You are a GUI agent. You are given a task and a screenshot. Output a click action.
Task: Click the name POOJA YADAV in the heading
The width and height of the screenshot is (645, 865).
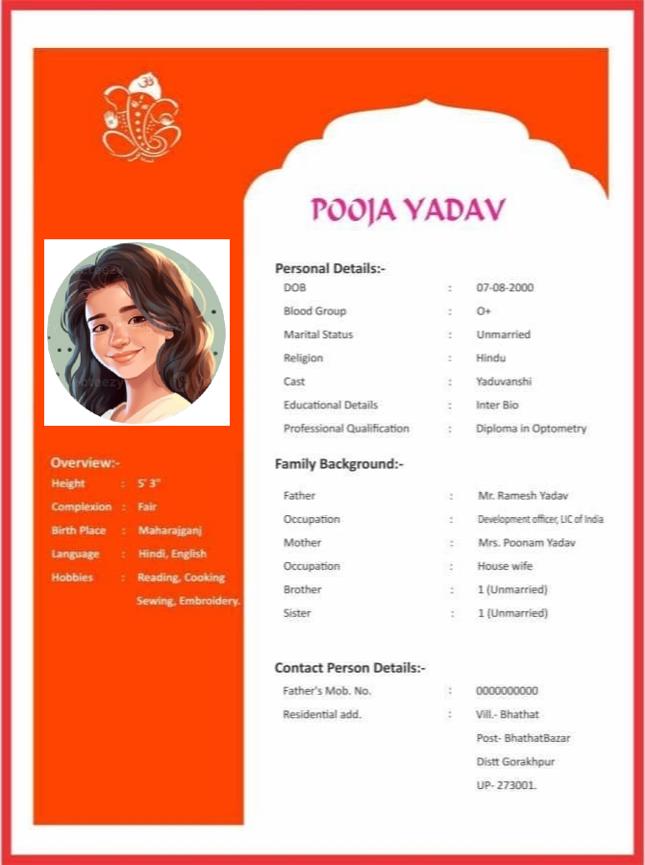409,210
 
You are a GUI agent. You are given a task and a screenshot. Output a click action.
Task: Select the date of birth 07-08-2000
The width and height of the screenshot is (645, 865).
505,287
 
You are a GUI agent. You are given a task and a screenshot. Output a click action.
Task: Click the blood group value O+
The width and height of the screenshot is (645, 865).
484,311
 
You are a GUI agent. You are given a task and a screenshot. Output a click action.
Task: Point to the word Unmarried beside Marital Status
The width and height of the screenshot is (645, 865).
503,334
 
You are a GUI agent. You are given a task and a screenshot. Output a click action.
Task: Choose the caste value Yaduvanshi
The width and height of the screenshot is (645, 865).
504,382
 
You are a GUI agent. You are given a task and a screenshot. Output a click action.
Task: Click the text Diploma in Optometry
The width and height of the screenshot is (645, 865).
531,429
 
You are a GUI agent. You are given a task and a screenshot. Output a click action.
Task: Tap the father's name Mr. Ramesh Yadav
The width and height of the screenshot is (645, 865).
523,496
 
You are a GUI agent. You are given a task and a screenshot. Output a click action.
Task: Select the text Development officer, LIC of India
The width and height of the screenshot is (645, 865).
540,519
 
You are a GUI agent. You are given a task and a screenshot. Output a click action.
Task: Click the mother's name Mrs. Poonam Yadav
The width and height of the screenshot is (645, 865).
526,543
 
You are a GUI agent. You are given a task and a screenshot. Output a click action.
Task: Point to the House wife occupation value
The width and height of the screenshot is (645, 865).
505,566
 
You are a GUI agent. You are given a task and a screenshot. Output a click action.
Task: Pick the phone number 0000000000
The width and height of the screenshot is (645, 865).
507,691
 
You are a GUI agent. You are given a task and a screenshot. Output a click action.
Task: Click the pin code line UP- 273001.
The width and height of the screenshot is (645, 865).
507,785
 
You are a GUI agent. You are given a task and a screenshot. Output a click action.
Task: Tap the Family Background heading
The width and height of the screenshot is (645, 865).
338,464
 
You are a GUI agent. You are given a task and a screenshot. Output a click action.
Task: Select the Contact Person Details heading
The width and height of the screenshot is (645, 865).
350,667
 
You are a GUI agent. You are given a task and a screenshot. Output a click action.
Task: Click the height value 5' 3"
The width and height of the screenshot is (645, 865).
149,483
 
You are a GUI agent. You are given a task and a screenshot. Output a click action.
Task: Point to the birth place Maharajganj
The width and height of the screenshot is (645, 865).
170,531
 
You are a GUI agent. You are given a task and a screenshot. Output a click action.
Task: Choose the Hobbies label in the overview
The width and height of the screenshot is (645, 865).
72,578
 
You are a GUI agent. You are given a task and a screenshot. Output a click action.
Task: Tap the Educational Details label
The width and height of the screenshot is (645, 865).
331,406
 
